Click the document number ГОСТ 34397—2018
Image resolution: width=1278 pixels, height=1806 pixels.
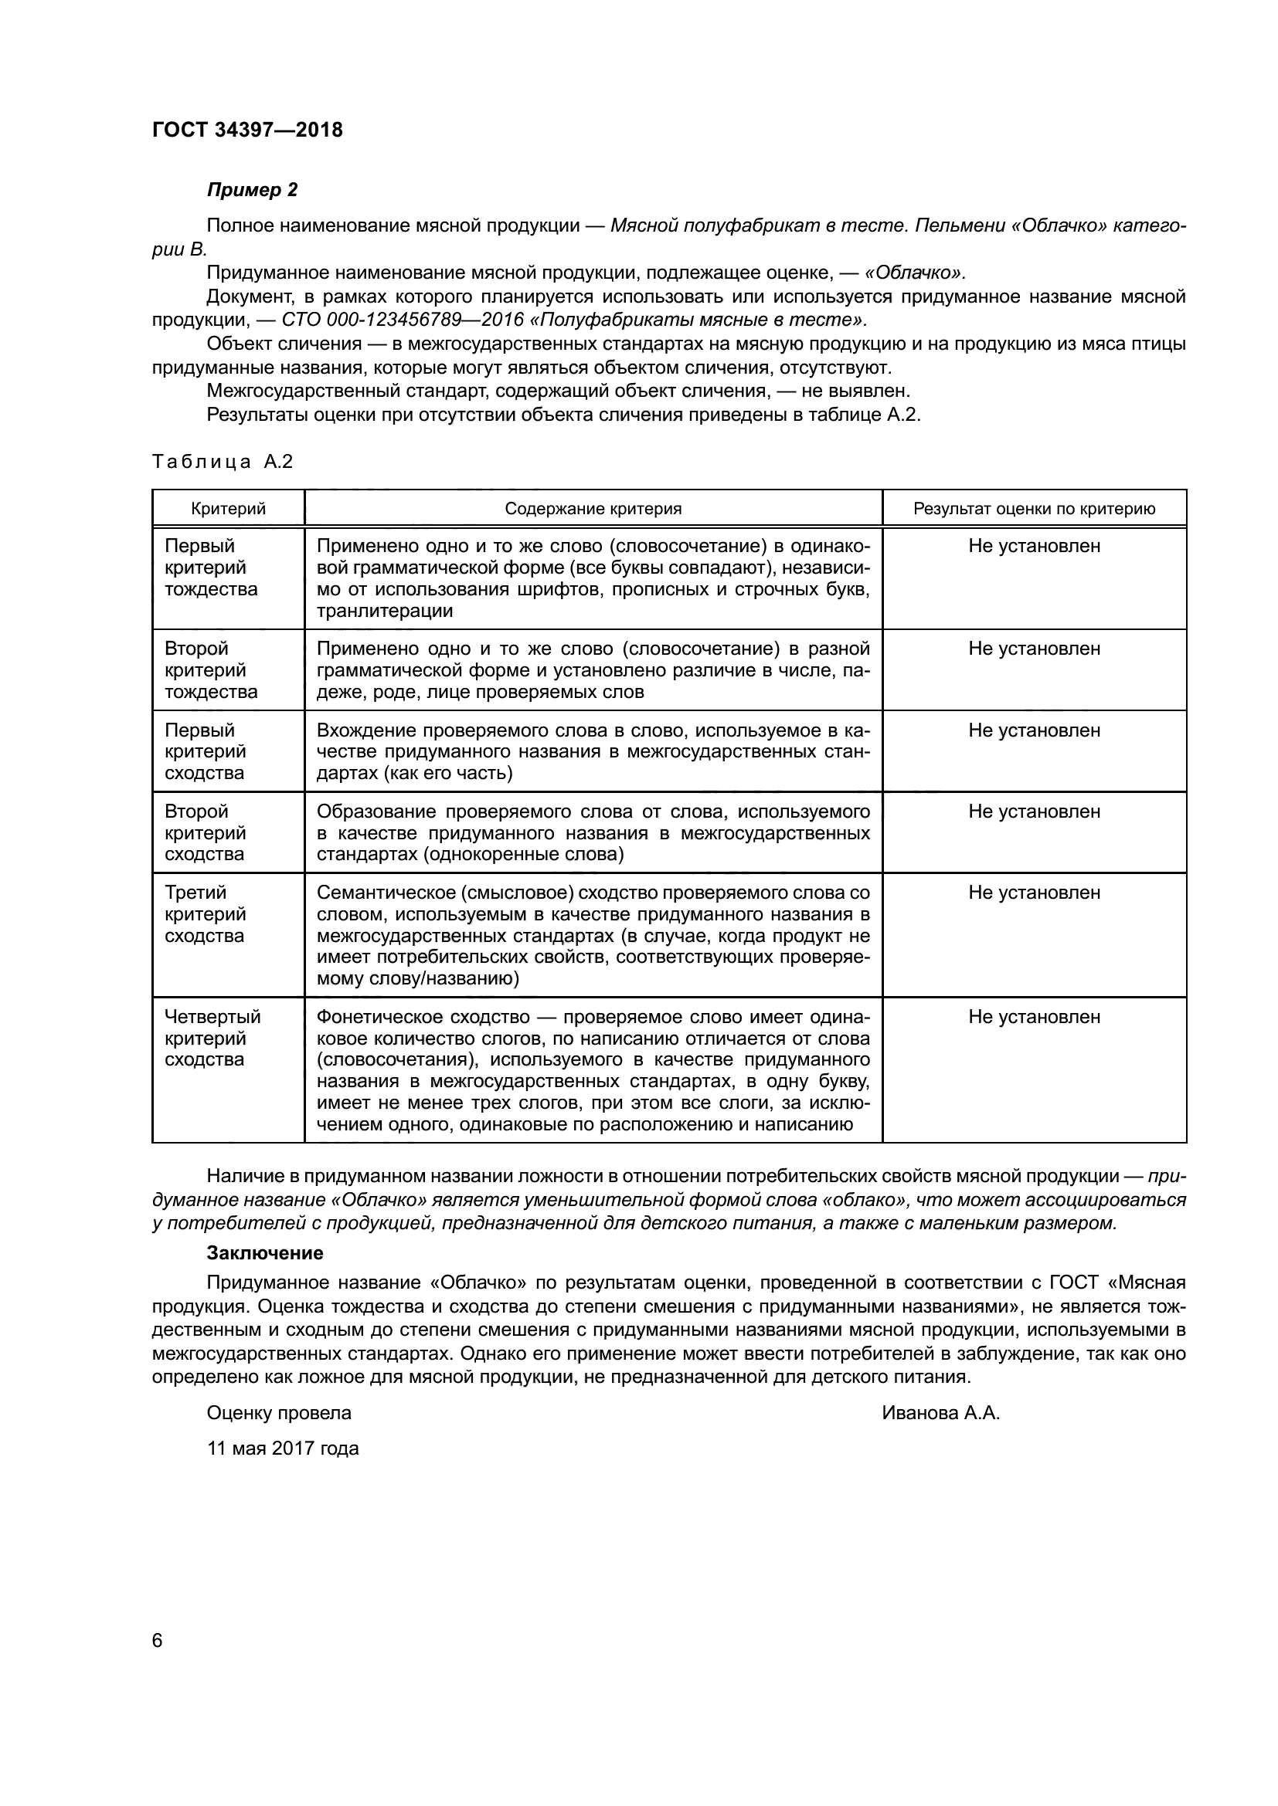247,130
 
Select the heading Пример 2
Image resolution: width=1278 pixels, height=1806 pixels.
252,190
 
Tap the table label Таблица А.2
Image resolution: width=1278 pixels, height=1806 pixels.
222,462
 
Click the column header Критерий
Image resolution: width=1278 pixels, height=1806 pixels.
228,509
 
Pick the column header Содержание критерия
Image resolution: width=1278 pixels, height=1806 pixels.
593,509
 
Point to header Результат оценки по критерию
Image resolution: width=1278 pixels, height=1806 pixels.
1033,509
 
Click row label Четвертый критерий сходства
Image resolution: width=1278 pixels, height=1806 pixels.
212,1038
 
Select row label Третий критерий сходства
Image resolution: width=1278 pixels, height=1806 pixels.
206,914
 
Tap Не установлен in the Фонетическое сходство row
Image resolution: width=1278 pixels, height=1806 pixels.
1033,1017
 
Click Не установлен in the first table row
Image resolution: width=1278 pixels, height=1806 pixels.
1033,546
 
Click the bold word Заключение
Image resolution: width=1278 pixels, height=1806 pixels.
264,1253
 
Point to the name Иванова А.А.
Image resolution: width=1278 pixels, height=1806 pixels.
940,1413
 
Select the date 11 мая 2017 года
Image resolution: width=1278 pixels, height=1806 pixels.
283,1448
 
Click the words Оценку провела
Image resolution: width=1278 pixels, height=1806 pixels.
279,1413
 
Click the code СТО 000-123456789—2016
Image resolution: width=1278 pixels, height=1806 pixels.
402,320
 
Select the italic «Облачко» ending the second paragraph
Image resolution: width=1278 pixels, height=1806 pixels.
913,273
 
